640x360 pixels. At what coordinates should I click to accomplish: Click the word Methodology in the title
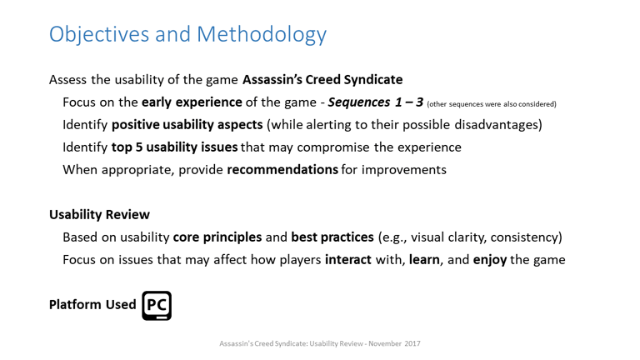261,35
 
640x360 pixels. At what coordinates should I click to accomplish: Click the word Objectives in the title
99,35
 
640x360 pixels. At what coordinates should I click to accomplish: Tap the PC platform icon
157,306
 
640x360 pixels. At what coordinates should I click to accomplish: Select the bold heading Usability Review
100,215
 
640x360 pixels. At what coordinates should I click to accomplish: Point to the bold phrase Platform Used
92,304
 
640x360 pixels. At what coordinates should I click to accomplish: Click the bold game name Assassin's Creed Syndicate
322,80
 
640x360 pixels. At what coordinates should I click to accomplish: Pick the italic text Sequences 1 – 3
376,102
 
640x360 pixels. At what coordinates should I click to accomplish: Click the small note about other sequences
492,104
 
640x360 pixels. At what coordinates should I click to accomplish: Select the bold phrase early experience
192,102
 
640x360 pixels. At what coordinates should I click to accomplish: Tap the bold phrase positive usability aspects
187,124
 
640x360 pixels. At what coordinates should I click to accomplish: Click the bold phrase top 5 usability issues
175,147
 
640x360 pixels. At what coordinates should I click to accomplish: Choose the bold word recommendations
282,169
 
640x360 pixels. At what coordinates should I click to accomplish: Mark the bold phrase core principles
217,237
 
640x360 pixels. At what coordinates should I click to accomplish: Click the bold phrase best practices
332,237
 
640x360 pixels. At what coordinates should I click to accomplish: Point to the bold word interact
348,260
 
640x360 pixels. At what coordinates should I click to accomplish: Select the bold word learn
424,260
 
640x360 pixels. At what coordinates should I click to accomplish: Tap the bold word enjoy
490,260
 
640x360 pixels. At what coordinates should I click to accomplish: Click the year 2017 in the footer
412,343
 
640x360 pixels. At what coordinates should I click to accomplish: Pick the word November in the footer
385,343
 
